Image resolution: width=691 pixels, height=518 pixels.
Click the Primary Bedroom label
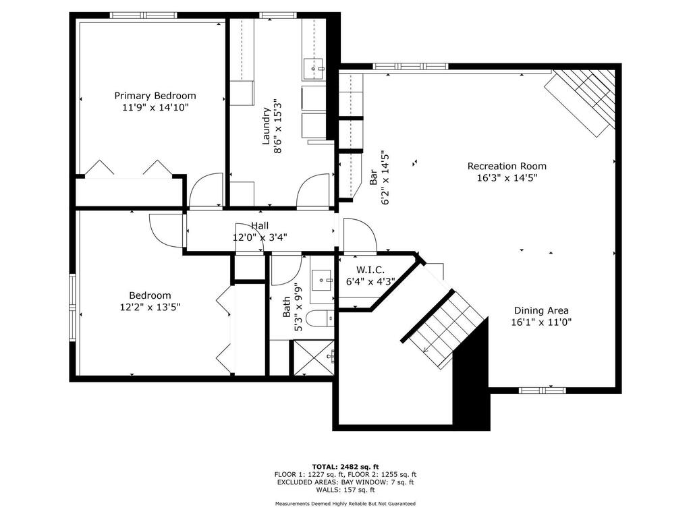point(155,96)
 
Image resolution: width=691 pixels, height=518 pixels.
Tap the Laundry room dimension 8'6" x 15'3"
point(277,126)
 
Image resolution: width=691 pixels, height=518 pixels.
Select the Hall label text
point(260,226)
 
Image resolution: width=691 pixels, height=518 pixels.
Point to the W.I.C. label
point(370,270)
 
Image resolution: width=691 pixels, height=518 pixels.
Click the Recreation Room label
point(507,166)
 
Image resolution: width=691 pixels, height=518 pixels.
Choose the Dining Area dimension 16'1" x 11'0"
point(541,322)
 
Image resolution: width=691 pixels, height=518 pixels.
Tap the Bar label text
point(373,177)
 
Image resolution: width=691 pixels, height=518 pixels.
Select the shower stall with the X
point(314,357)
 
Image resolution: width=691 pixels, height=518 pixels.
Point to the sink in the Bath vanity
point(322,280)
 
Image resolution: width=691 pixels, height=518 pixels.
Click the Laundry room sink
point(312,69)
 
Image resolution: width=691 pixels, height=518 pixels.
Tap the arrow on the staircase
point(426,349)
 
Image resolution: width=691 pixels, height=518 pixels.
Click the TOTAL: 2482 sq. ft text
point(345,467)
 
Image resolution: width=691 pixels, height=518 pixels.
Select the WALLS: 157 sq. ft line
point(345,490)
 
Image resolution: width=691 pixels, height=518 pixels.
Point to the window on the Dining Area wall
point(542,390)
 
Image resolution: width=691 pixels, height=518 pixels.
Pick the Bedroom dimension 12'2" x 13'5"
point(150,307)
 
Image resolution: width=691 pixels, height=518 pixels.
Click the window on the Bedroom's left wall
point(72,307)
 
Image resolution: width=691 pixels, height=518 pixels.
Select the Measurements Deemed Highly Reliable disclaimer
point(345,503)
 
